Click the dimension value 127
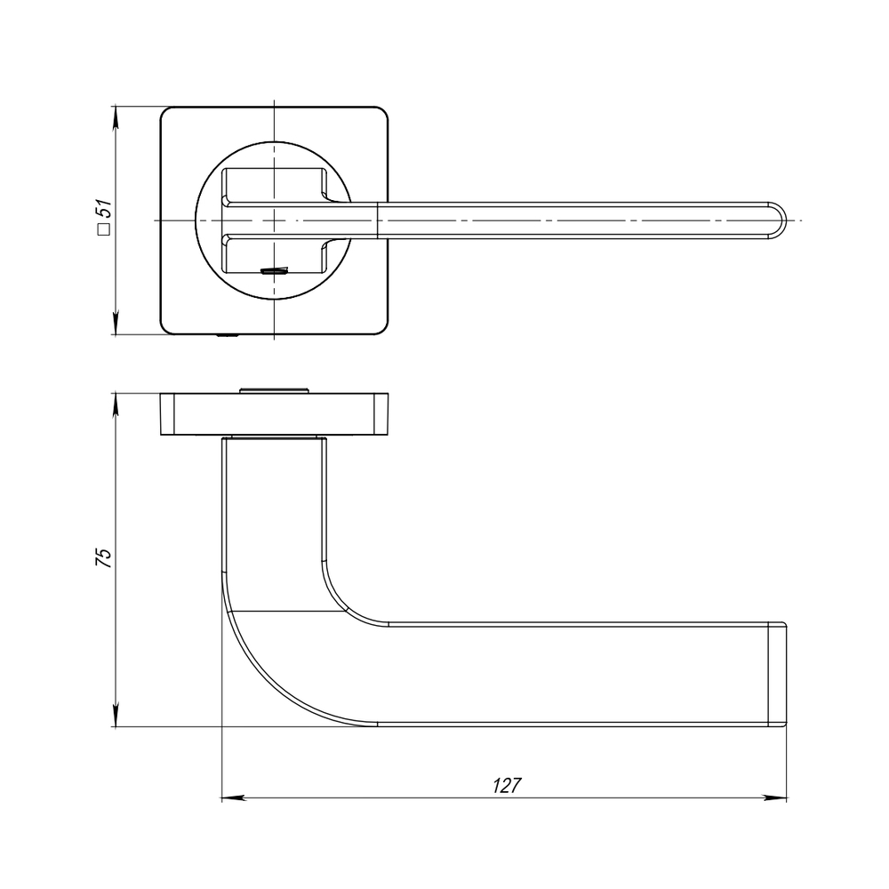[506, 786]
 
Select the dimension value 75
[103, 558]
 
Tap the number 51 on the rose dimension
[103, 211]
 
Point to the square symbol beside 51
[103, 230]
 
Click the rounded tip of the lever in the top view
[780, 220]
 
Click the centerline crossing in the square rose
[275, 220]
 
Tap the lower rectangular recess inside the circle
[274, 255]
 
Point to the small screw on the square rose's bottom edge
[228, 336]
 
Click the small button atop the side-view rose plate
[275, 387]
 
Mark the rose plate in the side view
[275, 413]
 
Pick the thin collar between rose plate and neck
[274, 438]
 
